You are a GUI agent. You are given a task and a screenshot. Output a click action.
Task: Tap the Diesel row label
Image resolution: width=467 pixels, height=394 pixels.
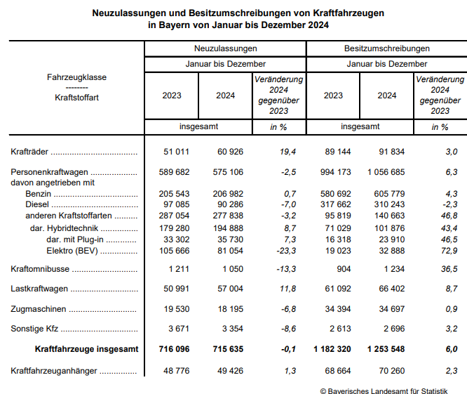click(36, 204)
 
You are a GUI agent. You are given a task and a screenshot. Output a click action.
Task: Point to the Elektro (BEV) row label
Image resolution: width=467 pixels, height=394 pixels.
click(71, 251)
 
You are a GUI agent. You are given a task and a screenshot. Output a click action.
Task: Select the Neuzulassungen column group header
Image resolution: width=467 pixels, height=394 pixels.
click(225, 48)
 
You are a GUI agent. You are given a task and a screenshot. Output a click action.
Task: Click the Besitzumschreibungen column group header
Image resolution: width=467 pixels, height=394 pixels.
click(386, 48)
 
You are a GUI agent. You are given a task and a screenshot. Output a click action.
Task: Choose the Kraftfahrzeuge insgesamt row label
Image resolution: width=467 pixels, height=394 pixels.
click(86, 349)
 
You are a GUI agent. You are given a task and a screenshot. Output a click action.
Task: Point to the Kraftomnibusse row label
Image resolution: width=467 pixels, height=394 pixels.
click(41, 269)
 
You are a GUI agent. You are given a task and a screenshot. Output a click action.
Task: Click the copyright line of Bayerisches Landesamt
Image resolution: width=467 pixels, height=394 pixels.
click(384, 391)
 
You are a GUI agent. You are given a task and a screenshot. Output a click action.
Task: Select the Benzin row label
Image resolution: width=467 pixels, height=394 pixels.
click(38, 193)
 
